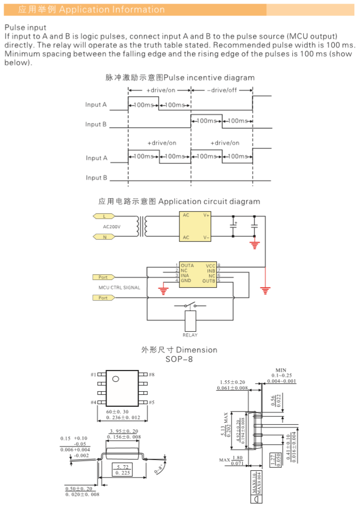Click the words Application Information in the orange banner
112,9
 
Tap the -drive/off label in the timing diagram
223,91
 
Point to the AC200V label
112,227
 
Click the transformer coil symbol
141,226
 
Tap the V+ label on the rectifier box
206,215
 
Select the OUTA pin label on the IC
187,265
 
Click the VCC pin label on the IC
210,265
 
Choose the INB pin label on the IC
211,271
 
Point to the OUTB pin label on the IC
208,281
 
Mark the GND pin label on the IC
186,281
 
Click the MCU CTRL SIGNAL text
119,287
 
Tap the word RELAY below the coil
190,335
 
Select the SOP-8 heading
179,359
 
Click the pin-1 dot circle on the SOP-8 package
115,379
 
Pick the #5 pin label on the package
152,402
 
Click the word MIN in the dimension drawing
281,370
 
